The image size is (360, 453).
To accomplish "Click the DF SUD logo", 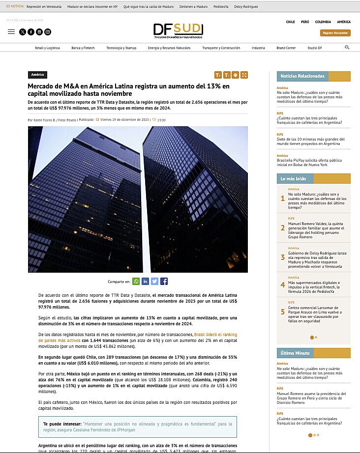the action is [178, 29].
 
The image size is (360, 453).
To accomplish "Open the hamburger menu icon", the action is [11, 32].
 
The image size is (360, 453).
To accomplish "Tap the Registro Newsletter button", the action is [335, 33].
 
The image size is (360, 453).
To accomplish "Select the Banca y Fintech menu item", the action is [83, 48].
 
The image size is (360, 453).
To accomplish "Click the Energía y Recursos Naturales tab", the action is [169, 48].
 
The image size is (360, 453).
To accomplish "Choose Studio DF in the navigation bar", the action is [315, 48].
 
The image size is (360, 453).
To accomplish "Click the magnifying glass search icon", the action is [347, 48].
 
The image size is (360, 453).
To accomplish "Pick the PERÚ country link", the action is [305, 22].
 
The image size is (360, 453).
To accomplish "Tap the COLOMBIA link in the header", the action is [323, 22].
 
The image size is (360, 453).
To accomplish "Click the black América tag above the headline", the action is [37, 75].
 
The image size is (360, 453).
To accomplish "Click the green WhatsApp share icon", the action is [136, 282].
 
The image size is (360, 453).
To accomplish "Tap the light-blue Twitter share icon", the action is [154, 282].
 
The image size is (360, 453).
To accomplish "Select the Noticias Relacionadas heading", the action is [302, 76].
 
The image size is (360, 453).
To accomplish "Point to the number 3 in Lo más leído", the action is [283, 257].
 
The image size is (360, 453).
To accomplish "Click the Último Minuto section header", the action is [295, 353].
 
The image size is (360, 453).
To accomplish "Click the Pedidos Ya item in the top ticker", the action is [221, 6].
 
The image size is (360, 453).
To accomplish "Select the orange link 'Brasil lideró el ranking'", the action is [216, 334].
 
